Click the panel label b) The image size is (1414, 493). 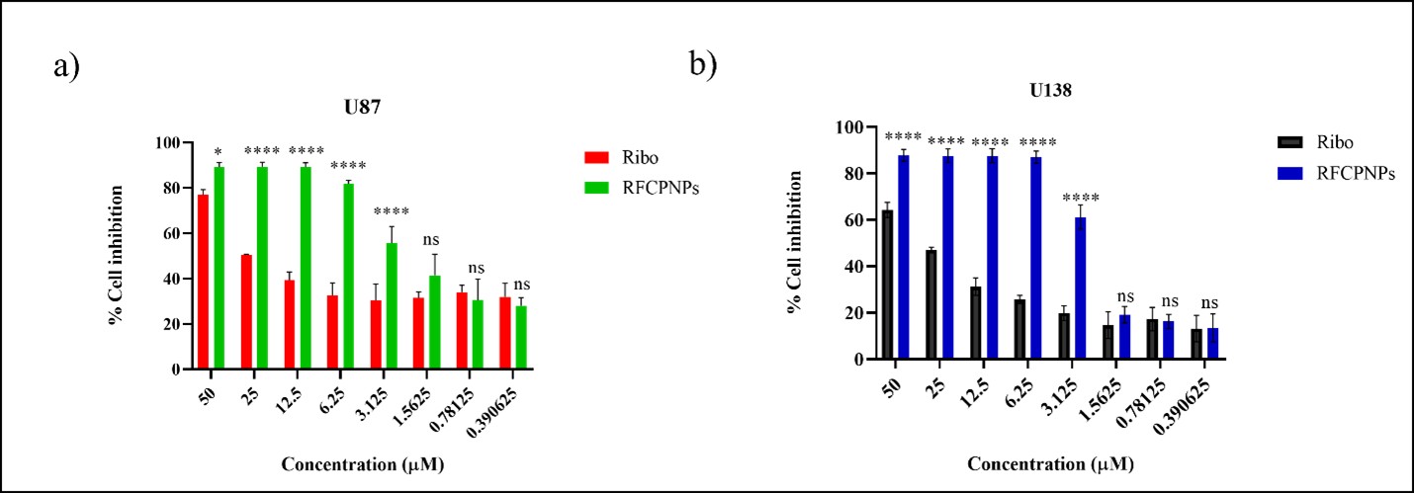click(x=703, y=64)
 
